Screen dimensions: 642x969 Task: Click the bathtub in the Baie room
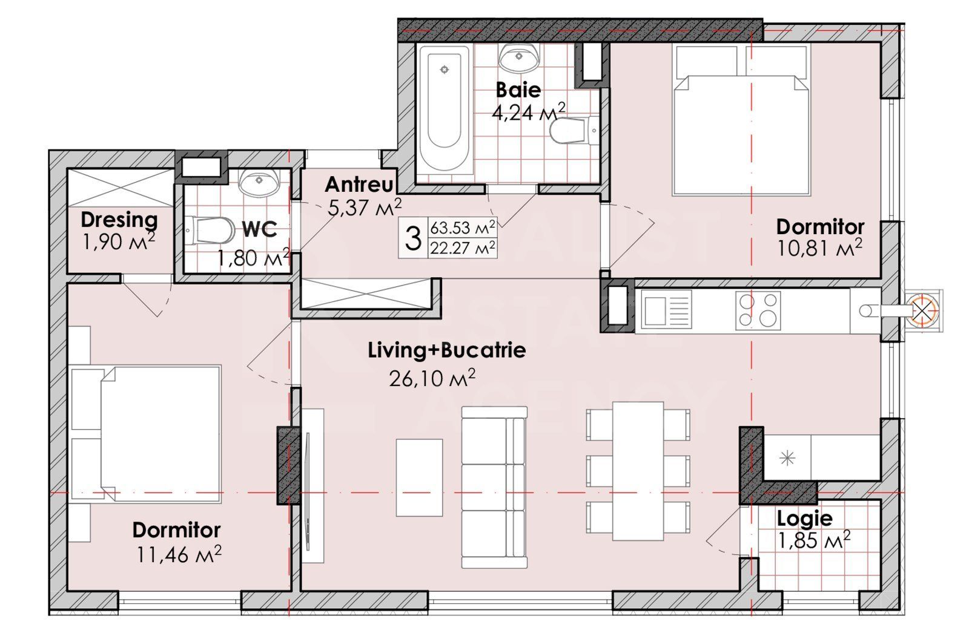[444, 109]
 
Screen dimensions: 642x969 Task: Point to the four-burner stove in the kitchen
[758, 310]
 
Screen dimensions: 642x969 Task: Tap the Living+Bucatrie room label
[447, 350]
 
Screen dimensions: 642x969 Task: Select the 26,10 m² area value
[431, 379]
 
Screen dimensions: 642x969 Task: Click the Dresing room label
[119, 220]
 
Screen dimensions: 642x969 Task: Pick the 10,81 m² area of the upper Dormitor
[819, 247]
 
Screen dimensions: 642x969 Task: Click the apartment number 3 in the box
[412, 238]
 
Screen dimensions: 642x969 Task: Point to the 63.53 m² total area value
[463, 229]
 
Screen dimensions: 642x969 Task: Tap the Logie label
[804, 519]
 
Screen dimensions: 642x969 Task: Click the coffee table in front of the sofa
[419, 477]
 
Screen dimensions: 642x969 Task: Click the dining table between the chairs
[638, 471]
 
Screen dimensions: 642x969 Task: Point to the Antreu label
[359, 184]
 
